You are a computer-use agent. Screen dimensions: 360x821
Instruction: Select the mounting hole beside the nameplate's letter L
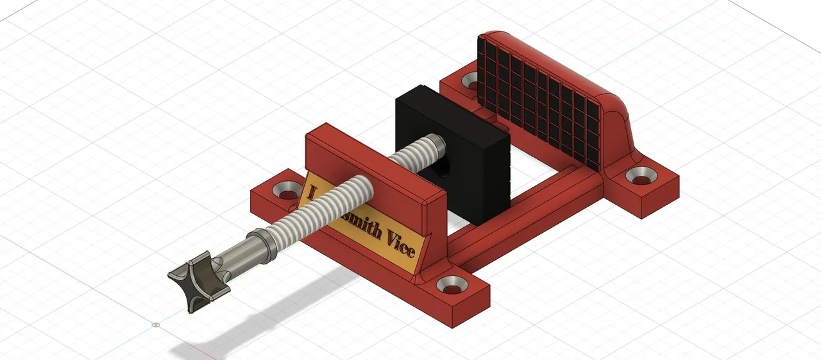tap(286, 189)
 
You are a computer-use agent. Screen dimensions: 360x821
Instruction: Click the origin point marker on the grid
tap(156, 325)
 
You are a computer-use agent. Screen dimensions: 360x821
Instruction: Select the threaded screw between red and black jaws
tap(410, 154)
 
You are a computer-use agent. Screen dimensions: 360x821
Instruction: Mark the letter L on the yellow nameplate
tap(312, 193)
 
